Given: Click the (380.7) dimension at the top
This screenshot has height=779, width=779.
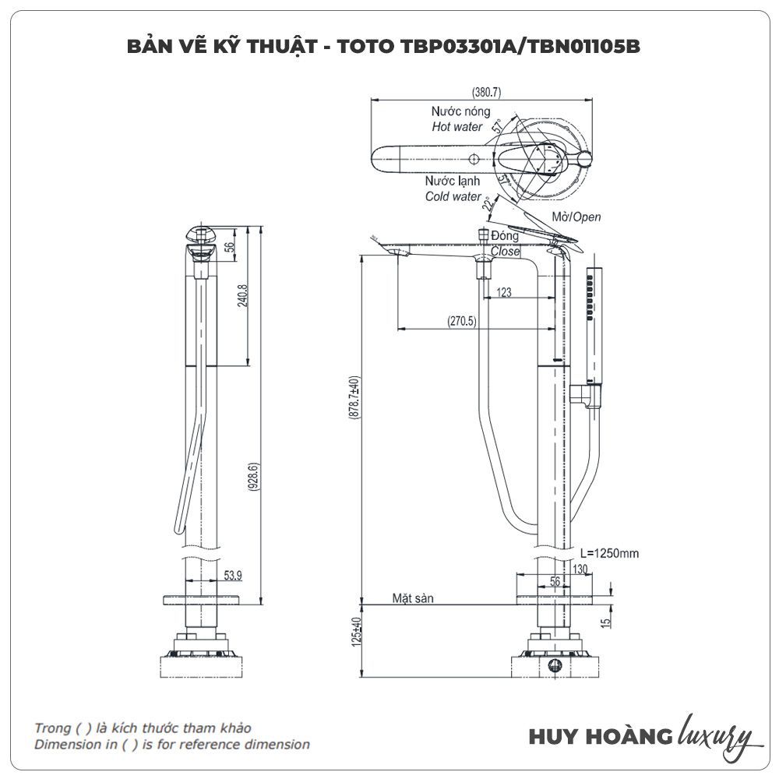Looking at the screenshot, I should tap(487, 92).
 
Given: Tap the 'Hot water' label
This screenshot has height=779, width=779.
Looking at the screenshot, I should tap(457, 126).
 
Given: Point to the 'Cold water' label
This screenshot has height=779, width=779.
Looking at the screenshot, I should tap(453, 196).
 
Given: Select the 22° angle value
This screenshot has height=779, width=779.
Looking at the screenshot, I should tap(488, 205).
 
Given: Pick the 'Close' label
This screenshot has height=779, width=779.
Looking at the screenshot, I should tap(505, 252).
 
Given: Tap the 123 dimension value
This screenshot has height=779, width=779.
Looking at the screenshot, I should tap(504, 293).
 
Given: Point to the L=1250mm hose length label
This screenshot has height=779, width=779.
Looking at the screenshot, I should tap(609, 553).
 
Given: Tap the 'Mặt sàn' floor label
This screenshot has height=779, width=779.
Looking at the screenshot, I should tap(413, 598).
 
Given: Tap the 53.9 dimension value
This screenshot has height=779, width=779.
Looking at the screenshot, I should tap(233, 575).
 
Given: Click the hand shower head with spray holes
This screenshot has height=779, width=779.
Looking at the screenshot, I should tap(593, 296).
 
